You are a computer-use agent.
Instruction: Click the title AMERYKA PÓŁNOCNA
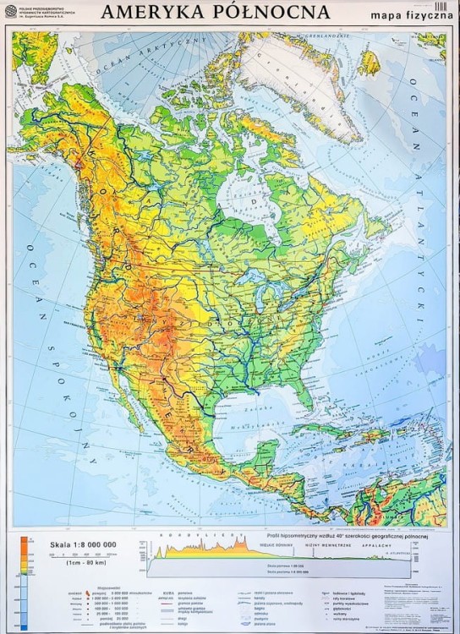pos(215,11)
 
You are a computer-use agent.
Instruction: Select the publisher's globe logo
pos(11,11)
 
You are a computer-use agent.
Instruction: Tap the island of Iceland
pos(370,62)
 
